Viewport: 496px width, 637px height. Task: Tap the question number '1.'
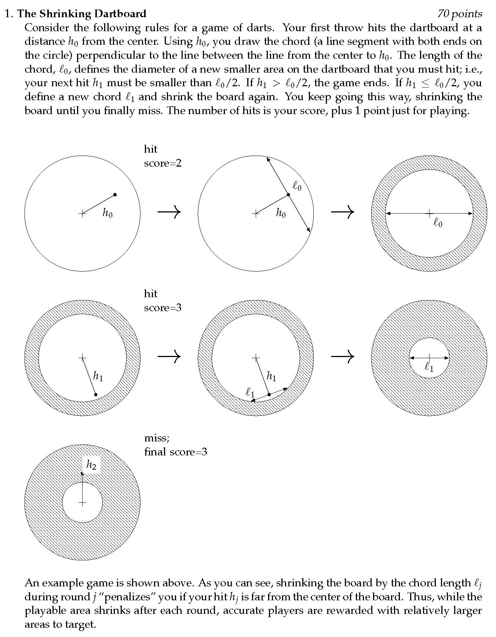(9, 14)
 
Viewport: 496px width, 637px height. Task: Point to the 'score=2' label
(163, 163)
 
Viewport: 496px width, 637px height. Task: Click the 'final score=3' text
(175, 451)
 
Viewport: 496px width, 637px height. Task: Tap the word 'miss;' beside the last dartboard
(157, 438)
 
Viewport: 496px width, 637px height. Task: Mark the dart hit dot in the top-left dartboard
(115, 194)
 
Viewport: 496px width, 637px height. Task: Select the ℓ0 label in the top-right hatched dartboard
(438, 223)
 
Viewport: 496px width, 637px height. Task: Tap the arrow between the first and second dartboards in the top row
(169, 211)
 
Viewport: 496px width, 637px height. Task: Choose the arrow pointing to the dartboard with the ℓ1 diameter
(343, 356)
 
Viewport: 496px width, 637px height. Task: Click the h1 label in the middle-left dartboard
(98, 376)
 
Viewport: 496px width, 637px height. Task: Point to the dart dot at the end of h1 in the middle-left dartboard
(96, 394)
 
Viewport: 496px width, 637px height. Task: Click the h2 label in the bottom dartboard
(91, 465)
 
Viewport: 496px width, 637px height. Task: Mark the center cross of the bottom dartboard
(82, 503)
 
